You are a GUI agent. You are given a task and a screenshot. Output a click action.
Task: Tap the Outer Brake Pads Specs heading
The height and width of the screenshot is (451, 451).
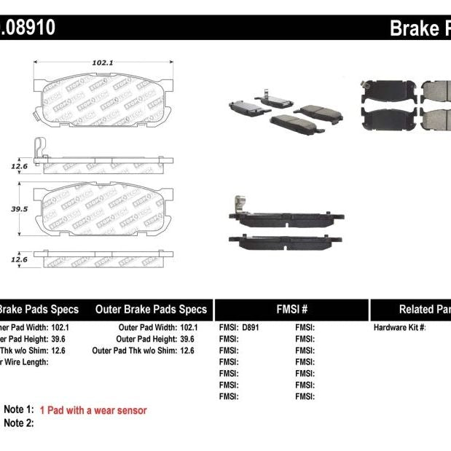151,309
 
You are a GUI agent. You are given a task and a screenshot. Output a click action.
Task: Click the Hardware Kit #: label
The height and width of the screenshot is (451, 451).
400,328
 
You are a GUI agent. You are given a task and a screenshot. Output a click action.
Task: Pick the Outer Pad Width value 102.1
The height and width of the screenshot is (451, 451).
188,328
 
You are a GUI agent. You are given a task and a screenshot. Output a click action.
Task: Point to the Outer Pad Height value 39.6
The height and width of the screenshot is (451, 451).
188,340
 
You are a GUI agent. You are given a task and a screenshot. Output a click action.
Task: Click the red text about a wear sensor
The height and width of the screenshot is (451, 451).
93,410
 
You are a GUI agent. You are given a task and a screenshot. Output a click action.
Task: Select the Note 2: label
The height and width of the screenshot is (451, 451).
19,423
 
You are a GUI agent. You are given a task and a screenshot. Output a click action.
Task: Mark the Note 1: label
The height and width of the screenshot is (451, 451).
19,410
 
